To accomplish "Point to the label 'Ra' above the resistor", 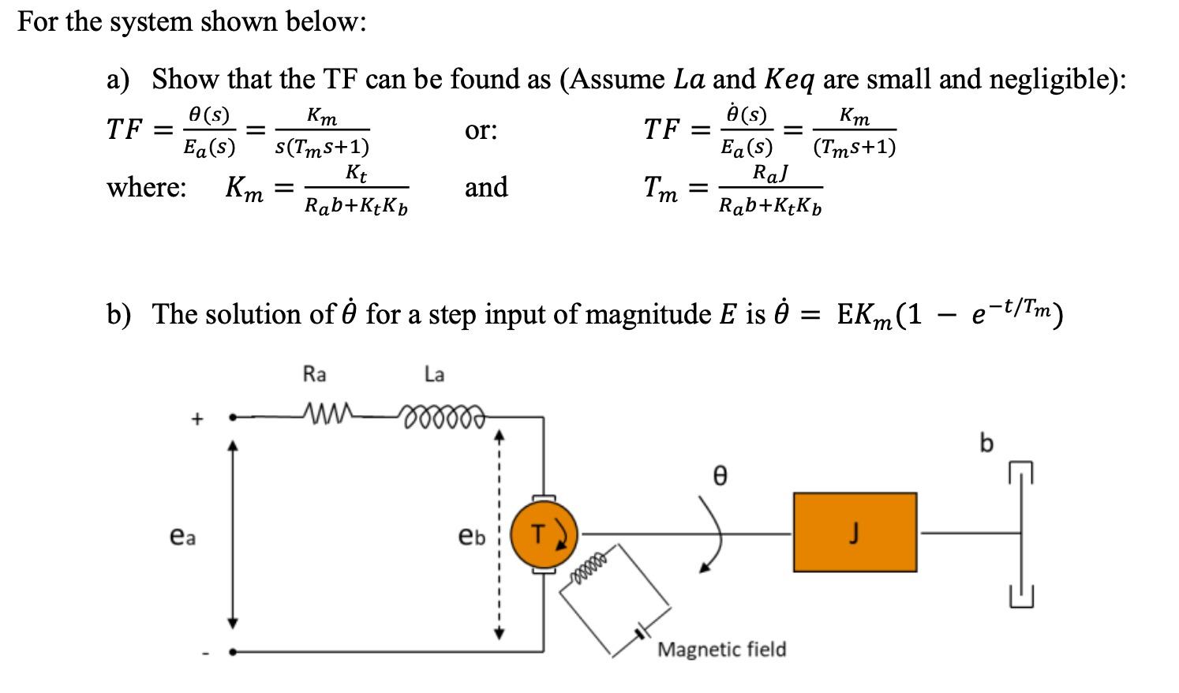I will click(x=314, y=374).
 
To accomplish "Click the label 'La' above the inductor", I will click(x=434, y=374).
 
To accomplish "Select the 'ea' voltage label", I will click(x=182, y=537).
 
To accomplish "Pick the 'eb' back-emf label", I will click(x=472, y=537).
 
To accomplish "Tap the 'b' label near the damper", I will click(x=986, y=444).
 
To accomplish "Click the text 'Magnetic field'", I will click(x=721, y=650).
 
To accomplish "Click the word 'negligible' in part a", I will click(x=1056, y=79).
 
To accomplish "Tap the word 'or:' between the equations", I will click(x=481, y=130).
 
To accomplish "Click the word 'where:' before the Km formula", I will click(x=147, y=188).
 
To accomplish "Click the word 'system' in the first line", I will click(x=150, y=21).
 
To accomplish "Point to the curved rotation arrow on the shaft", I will click(x=709, y=529).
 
